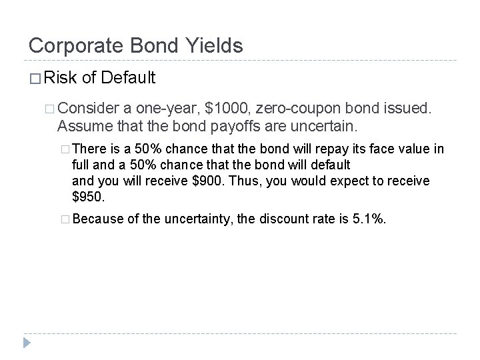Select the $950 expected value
click(89, 197)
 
